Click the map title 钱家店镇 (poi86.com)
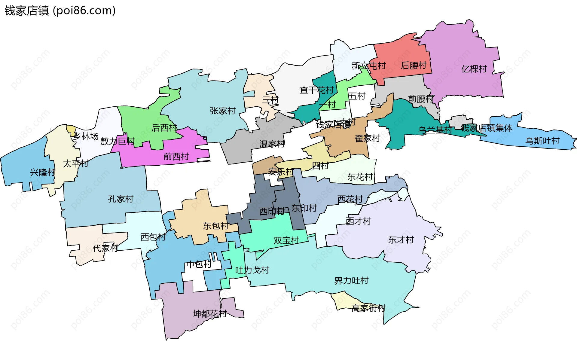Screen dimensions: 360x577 point(60,11)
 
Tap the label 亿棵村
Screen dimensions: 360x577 point(474,69)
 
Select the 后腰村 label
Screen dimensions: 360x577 point(414,66)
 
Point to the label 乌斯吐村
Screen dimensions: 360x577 point(542,141)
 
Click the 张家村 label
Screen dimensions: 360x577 point(222,111)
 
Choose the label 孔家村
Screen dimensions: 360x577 point(121,199)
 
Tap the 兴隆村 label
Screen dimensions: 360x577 point(43,172)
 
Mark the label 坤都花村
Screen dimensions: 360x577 point(209,314)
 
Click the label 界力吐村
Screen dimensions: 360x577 point(351,281)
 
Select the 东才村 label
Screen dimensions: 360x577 point(401,240)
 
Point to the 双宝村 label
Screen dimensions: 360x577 point(286,240)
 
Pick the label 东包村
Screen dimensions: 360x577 point(215,226)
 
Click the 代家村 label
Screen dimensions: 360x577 point(105,249)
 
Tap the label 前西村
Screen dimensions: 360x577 point(176,156)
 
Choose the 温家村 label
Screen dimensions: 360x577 point(272,144)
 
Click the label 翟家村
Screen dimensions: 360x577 point(367,139)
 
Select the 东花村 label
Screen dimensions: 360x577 point(360,177)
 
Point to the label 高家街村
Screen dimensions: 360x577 point(368,308)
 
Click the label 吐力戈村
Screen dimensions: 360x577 point(252,270)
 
